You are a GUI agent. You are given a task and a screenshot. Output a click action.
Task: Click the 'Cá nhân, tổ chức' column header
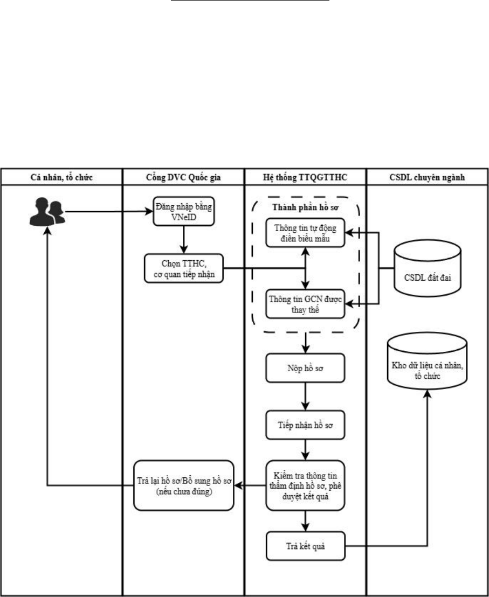click(x=61, y=177)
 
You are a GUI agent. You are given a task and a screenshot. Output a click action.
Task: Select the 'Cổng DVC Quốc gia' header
click(x=183, y=177)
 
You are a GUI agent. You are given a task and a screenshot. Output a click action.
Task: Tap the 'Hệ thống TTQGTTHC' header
click(x=305, y=177)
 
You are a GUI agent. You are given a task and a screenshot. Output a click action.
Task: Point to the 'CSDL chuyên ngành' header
click(x=427, y=177)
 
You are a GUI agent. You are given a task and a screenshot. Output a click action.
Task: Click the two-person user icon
click(x=47, y=212)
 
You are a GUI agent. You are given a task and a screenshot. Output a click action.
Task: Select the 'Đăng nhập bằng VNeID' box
click(x=183, y=211)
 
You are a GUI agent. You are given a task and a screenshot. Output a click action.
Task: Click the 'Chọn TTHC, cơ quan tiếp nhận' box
click(x=183, y=268)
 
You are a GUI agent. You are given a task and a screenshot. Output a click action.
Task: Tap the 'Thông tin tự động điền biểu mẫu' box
click(x=305, y=233)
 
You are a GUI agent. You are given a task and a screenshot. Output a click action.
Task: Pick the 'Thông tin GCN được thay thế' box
click(x=305, y=304)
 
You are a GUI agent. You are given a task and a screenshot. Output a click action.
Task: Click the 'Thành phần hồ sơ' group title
click(x=305, y=207)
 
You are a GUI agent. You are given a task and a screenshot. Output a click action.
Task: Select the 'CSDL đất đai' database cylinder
click(x=428, y=268)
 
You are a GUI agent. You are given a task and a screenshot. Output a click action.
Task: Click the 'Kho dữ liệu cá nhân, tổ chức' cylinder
click(x=428, y=361)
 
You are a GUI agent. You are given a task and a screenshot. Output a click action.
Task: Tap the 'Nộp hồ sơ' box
click(x=305, y=368)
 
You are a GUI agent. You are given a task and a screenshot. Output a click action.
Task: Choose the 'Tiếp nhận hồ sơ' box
click(x=305, y=425)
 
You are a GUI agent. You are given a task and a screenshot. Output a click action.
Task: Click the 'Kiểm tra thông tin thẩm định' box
click(x=305, y=485)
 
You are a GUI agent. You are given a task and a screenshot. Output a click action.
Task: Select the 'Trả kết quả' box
click(x=306, y=546)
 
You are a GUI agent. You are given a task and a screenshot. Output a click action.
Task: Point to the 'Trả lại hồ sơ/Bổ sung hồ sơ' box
click(x=183, y=485)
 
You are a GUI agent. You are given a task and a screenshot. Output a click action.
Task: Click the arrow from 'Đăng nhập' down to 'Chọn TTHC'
click(x=184, y=240)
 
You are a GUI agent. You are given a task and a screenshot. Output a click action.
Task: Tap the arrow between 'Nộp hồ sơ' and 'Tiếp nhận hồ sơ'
click(x=305, y=397)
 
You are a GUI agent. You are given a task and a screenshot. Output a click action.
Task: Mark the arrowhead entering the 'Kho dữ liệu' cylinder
click(x=428, y=394)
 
